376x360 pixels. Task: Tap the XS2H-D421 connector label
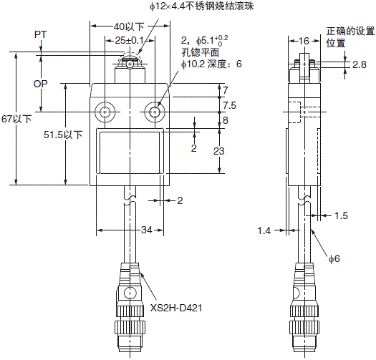tap(176, 308)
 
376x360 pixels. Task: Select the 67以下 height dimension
tap(17, 119)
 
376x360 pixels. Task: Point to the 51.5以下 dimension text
tap(63, 134)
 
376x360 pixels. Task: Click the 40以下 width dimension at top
tap(129, 26)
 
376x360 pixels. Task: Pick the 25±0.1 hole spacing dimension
tap(130, 41)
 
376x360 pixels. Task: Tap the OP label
tap(42, 84)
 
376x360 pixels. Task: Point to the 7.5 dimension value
tap(229, 104)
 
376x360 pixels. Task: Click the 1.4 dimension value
tap(265, 230)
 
